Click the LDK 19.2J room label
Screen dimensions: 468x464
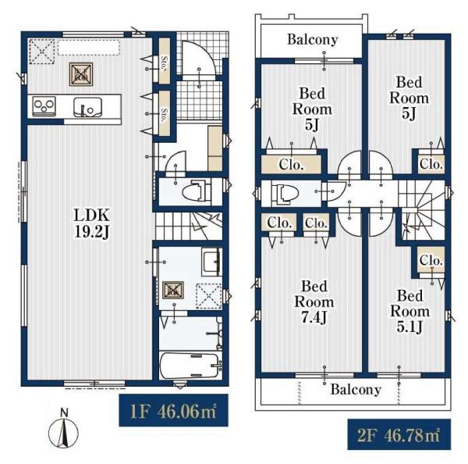point(92,223)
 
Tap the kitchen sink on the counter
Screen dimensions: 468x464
point(87,107)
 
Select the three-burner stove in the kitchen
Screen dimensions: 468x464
point(44,105)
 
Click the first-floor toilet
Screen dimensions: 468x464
point(197,191)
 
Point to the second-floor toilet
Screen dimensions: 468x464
point(285,195)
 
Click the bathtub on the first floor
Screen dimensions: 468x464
point(190,366)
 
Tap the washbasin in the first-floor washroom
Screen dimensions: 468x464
point(211,262)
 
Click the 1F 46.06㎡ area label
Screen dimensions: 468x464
point(173,411)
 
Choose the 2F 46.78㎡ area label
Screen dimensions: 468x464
point(399,434)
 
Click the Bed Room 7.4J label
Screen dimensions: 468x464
point(314,302)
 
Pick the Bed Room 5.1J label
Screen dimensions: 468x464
point(410,311)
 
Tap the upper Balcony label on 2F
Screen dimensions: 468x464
point(313,40)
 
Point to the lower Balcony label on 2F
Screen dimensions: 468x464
point(356,390)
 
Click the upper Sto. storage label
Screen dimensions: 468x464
point(164,62)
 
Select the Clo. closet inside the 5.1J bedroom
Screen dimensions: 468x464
point(431,259)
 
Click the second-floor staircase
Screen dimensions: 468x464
point(421,210)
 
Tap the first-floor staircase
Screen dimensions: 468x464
point(189,226)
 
